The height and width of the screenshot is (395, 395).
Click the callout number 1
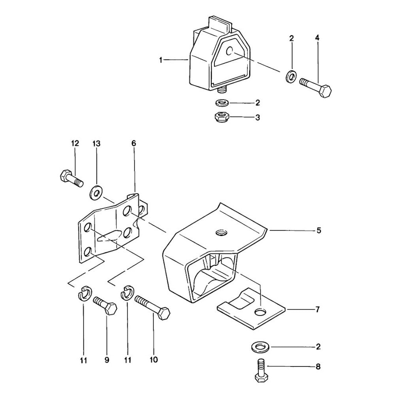pyautogui.click(x=161, y=60)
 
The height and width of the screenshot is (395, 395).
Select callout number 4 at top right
pyautogui.click(x=317, y=38)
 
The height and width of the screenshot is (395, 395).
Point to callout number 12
pyautogui.click(x=75, y=143)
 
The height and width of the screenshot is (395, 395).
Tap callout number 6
pyautogui.click(x=134, y=143)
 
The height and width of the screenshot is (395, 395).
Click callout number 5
pyautogui.click(x=319, y=230)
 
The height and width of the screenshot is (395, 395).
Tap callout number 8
pyautogui.click(x=318, y=367)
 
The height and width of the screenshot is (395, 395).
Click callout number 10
pyautogui.click(x=154, y=359)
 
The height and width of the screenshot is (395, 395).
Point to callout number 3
pyautogui.click(x=258, y=117)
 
